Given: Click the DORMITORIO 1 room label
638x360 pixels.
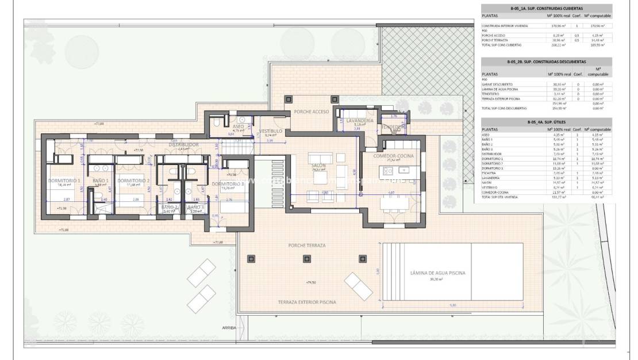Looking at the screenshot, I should [64, 181].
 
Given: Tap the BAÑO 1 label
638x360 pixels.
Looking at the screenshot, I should [101, 181].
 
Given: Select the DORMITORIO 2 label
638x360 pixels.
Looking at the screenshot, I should [134, 181].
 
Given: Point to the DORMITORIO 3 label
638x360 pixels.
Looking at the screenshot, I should [228, 184].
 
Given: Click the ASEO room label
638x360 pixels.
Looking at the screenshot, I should [239, 126].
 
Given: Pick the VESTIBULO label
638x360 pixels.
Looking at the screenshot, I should [270, 131].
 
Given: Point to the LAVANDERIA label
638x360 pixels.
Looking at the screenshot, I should [360, 120].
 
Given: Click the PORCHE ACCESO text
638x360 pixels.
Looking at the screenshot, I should [311, 111].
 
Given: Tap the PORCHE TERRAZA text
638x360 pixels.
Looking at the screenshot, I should [307, 245].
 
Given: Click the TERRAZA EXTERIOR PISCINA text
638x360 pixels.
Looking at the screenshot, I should [307, 302].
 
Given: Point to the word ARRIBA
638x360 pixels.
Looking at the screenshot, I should [229, 328].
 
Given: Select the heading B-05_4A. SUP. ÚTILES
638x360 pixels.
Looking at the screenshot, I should [546, 122].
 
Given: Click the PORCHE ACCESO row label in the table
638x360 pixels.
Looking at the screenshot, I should [494, 36].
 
